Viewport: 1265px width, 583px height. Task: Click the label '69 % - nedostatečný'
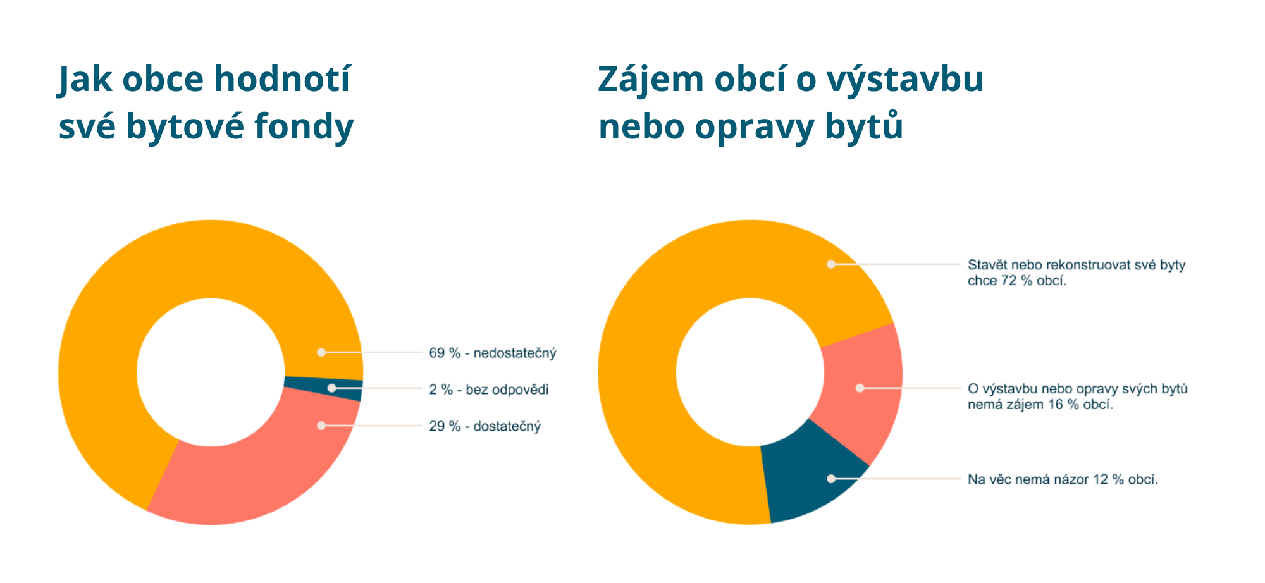[492, 353]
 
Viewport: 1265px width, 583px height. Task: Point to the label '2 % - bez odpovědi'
[488, 390]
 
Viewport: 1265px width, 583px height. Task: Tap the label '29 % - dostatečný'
[484, 426]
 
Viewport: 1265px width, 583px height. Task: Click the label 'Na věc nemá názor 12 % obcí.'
[1063, 479]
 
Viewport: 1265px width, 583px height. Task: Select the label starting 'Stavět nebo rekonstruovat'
[1076, 273]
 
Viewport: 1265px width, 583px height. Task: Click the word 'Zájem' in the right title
[651, 80]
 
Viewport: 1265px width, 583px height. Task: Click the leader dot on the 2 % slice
[331, 388]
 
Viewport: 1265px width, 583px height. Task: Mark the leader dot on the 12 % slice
[831, 479]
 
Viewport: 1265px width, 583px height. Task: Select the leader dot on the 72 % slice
[831, 264]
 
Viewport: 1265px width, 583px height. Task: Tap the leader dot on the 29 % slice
[321, 426]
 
